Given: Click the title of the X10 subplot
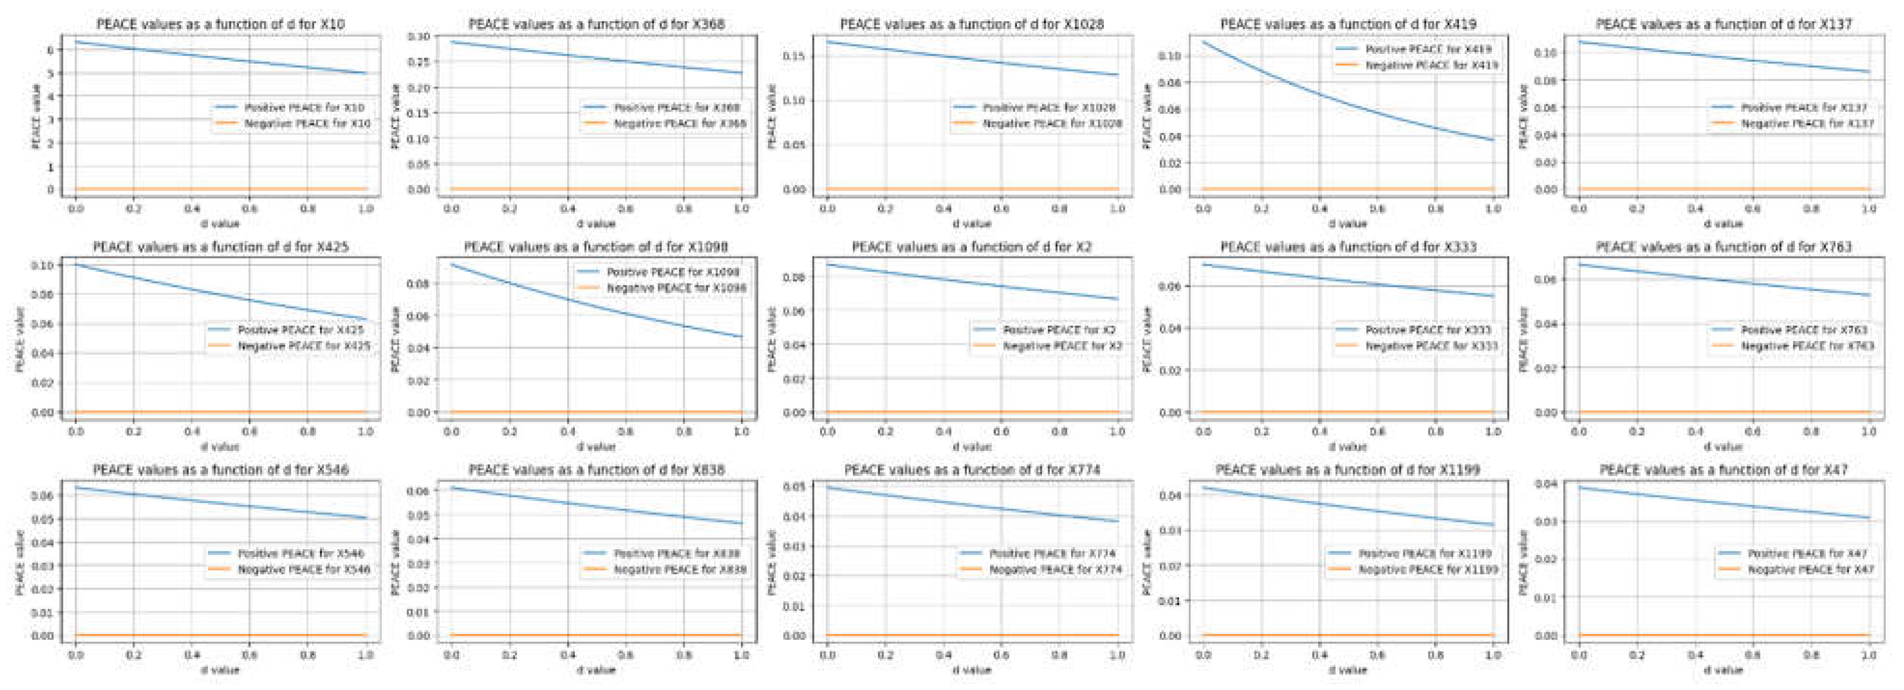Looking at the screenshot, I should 220,25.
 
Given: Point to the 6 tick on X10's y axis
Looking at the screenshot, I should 50,50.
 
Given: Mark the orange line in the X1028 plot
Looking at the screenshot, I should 972,189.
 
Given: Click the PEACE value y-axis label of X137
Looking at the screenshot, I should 1523,116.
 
